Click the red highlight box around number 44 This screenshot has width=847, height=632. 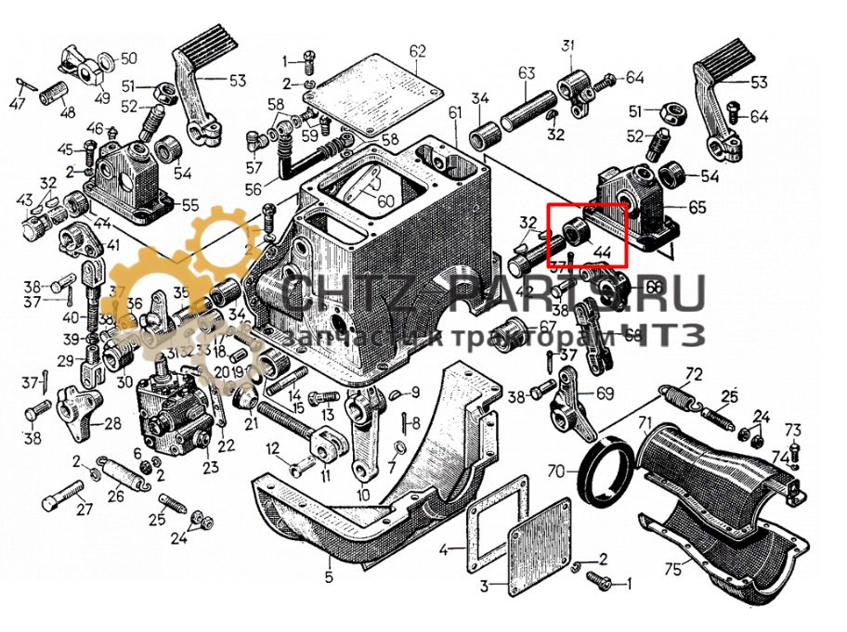(587, 235)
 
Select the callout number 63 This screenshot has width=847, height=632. (527, 72)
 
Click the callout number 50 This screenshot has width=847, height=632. (129, 58)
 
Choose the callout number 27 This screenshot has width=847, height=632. (85, 509)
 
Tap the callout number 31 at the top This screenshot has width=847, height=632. (567, 45)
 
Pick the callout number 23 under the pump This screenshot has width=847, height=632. (210, 467)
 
